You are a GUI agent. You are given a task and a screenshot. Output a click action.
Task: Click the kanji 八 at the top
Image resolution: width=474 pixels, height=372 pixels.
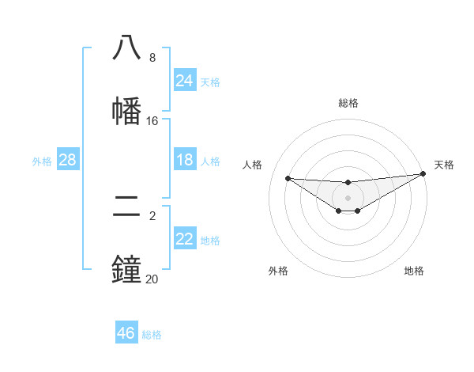[127, 47]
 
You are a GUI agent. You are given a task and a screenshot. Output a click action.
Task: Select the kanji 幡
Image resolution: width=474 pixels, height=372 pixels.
[127, 111]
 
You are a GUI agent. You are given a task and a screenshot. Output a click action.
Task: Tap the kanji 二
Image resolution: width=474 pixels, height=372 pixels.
[127, 207]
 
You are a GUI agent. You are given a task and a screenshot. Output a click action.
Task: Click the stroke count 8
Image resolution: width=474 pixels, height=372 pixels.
[152, 58]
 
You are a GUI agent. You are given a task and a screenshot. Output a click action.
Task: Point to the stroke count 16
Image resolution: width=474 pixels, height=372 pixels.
[152, 121]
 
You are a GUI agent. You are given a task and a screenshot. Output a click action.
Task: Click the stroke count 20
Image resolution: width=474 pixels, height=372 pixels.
[152, 279]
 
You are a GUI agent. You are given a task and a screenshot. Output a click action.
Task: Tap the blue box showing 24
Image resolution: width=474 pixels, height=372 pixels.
[185, 81]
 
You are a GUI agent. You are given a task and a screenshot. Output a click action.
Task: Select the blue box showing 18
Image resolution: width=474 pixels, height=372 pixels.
[185, 160]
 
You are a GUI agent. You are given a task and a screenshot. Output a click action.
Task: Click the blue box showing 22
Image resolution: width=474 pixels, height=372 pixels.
[185, 239]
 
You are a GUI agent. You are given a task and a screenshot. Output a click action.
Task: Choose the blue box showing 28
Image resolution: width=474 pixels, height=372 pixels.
[68, 160]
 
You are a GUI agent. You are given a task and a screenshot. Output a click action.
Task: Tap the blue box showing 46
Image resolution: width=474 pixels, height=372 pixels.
[126, 333]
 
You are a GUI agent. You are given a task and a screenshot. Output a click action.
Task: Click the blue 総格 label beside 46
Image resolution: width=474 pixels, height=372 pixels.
[152, 335]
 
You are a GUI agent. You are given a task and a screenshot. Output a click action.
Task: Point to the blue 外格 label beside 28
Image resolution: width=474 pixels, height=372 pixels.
[42, 161]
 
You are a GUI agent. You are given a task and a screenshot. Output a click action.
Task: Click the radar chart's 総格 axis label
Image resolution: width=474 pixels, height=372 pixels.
[348, 103]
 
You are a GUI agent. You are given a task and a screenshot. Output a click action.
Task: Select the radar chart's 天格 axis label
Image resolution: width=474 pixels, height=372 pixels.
[445, 165]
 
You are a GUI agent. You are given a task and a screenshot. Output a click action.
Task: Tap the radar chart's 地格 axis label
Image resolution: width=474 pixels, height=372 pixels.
[414, 271]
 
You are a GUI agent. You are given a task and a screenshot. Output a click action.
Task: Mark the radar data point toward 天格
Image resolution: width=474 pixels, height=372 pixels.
[423, 174]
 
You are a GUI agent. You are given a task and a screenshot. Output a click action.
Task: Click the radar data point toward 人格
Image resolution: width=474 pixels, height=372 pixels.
[288, 178]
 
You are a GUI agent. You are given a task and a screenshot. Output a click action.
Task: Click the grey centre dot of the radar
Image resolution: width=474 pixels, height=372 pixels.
[348, 197]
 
